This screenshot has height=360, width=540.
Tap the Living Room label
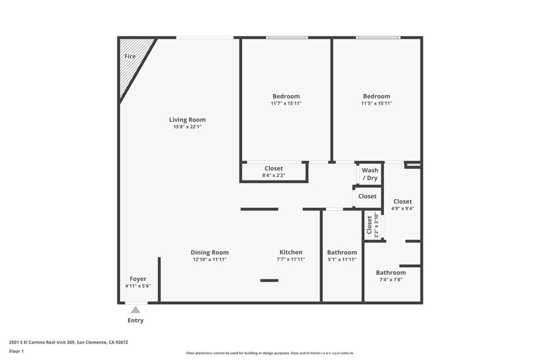coord(187,120)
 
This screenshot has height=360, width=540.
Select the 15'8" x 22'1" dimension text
coord(187,127)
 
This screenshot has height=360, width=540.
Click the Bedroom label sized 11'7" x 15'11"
coord(286,96)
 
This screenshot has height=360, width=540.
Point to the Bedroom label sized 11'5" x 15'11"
coord(377,96)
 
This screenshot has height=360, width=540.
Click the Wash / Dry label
coord(370,174)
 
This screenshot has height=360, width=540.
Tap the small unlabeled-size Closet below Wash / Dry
coord(367,196)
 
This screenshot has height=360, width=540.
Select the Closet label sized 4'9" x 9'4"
coord(402,201)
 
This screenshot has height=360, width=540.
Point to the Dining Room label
coord(209,252)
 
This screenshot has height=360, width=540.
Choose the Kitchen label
coord(291,252)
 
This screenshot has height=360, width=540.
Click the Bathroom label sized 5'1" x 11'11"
coord(342,252)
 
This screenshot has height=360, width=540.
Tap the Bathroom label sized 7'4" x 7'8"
coord(391,273)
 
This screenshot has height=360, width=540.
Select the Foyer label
coord(138,279)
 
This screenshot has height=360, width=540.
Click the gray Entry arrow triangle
coord(136,310)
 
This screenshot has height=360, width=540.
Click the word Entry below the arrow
coord(136,320)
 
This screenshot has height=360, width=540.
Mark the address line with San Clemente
coord(68,342)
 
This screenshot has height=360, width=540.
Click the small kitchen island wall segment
coord(269,280)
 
